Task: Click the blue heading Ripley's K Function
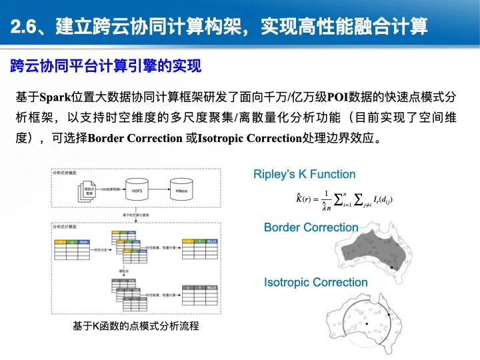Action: (x=304, y=175)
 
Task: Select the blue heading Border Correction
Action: (x=311, y=228)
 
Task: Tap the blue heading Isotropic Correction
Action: (x=315, y=282)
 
